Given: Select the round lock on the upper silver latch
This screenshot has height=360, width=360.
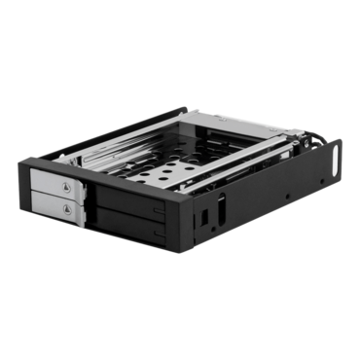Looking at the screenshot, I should [x=65, y=186].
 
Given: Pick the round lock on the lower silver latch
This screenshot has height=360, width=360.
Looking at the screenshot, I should [x=66, y=209].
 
